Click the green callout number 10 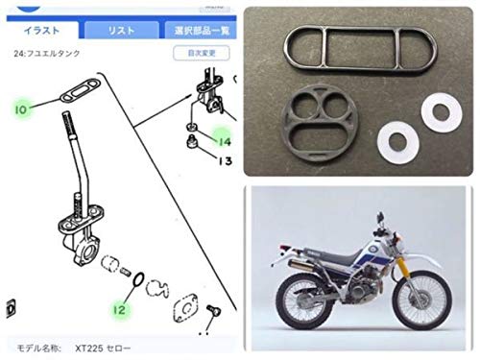(x=21, y=109)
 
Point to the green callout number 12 (x=119, y=309)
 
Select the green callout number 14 (x=224, y=141)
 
